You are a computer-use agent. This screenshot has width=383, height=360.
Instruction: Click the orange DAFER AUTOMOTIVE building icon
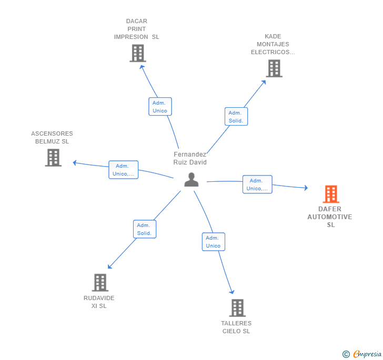pos(331,194)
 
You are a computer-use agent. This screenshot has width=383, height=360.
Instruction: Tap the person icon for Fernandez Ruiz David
pos(191,180)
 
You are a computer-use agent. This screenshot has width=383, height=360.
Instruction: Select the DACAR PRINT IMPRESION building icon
pos(137,54)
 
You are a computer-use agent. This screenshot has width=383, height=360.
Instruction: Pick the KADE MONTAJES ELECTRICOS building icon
pos(274,68)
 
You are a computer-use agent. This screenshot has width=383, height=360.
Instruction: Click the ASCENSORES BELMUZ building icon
pos(53,158)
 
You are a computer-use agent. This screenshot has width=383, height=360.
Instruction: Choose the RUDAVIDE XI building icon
pos(100,283)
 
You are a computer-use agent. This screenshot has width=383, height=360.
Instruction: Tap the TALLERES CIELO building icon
pos(237,308)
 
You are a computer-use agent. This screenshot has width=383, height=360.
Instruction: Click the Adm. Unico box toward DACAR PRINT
pos(160,107)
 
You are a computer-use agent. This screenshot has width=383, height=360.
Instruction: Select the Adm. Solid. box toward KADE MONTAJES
pos(236,117)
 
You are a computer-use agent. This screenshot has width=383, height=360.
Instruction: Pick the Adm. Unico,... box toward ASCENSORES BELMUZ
pos(124,170)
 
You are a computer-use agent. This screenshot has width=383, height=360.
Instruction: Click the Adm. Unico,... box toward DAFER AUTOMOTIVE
pos(257,184)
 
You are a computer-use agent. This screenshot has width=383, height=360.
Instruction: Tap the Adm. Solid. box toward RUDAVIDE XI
pos(145,229)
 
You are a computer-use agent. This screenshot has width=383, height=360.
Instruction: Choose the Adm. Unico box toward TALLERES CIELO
pos(213,242)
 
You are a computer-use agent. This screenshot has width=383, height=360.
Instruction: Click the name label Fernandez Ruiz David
pos(190,158)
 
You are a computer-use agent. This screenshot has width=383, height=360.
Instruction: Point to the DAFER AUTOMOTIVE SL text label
pos(330,217)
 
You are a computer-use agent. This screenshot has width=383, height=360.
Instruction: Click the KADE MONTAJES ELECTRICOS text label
pos(273,45)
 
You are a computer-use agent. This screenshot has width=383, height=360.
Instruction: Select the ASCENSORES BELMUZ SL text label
pos(52,138)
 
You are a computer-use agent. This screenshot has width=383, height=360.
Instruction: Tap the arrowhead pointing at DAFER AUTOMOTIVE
pos(306,188)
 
